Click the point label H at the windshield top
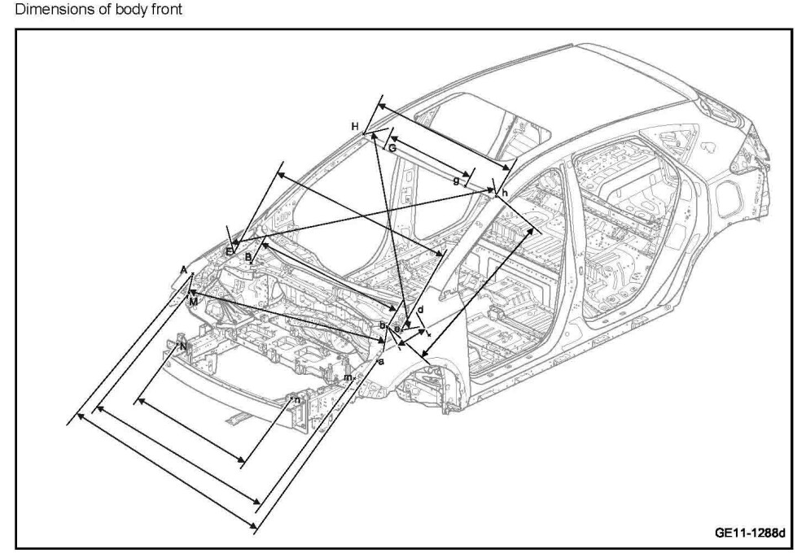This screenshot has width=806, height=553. click(355, 126)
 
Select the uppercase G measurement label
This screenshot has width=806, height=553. click(392, 148)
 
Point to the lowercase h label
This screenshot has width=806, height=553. click(506, 193)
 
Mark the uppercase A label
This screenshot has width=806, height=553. click(184, 269)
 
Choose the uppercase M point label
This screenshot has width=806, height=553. click(192, 301)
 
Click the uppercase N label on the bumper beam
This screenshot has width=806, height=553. click(183, 346)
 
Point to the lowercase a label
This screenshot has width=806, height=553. click(381, 360)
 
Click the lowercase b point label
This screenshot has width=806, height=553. click(382, 325)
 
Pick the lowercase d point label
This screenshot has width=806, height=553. click(420, 310)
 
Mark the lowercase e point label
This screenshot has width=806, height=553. click(396, 329)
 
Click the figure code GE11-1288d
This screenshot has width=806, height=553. click(749, 533)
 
